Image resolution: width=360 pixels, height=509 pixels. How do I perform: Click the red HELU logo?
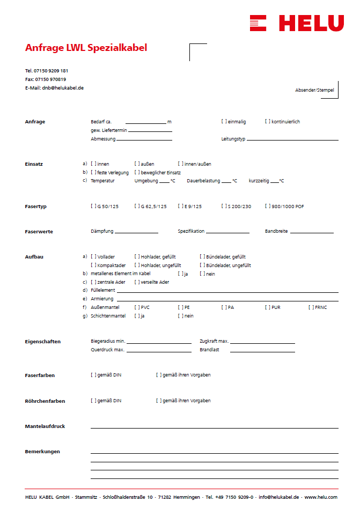(296, 23)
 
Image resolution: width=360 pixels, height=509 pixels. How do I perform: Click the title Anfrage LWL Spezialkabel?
(86, 48)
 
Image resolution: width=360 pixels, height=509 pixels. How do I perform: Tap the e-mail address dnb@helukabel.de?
(63, 87)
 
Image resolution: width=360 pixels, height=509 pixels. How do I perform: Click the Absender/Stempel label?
(314, 90)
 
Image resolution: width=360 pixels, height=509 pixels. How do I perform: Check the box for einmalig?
(224, 122)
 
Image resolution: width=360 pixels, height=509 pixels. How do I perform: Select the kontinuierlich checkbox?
(267, 122)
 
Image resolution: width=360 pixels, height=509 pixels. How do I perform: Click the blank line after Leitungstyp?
(292, 139)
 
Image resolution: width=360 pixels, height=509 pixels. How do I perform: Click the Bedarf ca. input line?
(145, 123)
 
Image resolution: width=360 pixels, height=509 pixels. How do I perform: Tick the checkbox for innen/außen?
(180, 164)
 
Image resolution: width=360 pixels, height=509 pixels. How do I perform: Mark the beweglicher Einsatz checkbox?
(137, 173)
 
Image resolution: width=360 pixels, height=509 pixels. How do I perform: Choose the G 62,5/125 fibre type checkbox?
(137, 206)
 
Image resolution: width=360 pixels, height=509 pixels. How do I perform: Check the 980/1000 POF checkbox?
(267, 206)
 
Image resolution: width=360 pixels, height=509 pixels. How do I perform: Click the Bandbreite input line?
(312, 232)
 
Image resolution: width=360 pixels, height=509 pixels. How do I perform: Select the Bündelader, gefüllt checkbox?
(202, 257)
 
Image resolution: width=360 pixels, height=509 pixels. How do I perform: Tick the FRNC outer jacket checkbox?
(311, 307)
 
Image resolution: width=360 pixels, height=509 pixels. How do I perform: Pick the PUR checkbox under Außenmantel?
(267, 307)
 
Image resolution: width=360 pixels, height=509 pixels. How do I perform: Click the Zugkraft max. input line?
(262, 342)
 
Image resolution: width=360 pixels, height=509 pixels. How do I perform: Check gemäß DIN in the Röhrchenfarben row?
(93, 401)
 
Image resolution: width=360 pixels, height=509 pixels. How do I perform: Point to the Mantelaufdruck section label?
(45, 426)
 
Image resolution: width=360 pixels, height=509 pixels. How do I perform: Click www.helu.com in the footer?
(321, 497)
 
